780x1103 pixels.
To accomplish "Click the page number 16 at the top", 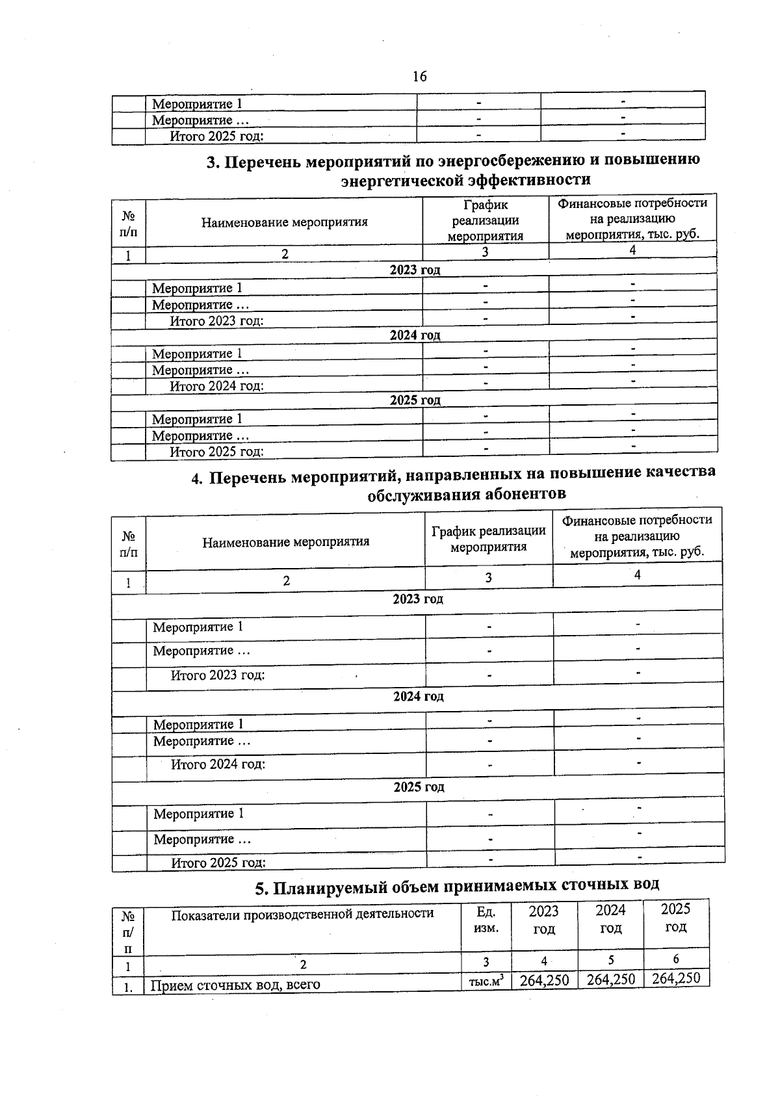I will pos(419,77).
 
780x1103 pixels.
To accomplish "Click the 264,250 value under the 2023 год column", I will pos(544,980).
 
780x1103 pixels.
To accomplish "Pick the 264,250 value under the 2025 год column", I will pos(676,978).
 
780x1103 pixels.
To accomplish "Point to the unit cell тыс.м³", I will pos(486,982).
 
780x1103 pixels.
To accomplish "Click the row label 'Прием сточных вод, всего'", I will pos(235,985).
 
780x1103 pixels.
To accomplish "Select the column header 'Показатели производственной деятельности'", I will pos(302,914).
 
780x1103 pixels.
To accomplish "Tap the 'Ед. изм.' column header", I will pos(486,920).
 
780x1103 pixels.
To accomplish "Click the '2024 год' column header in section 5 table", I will pos(610,919).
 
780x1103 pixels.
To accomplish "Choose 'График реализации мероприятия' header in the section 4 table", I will pos(488,539).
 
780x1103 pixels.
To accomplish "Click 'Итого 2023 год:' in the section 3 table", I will pos(216,320).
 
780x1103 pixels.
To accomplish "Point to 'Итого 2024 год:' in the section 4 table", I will pos(218,764).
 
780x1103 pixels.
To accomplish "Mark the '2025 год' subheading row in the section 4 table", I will pos(419,787).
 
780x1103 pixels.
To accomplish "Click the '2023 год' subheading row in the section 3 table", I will pos(415,270).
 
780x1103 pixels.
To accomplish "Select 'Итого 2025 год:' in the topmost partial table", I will pos(216,136).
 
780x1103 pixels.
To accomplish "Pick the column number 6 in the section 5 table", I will pos(676,959).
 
